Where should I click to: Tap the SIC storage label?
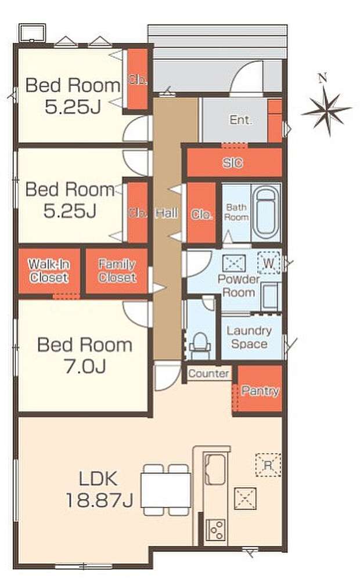click(232, 162)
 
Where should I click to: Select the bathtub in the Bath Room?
click(266, 212)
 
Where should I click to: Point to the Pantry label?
click(260, 391)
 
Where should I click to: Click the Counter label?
click(208, 373)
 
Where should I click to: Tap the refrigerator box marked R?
click(268, 465)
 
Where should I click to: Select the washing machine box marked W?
click(269, 263)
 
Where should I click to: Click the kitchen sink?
click(215, 469)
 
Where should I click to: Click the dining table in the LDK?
click(165, 490)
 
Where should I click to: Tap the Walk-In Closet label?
click(49, 270)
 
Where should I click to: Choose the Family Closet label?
click(117, 270)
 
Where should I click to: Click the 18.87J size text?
click(99, 500)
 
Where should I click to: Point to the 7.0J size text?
click(85, 366)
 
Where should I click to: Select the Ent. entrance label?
click(241, 120)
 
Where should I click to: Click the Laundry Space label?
click(249, 337)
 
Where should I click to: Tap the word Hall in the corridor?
click(167, 213)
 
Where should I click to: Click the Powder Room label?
click(239, 285)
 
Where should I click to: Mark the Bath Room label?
click(236, 212)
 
